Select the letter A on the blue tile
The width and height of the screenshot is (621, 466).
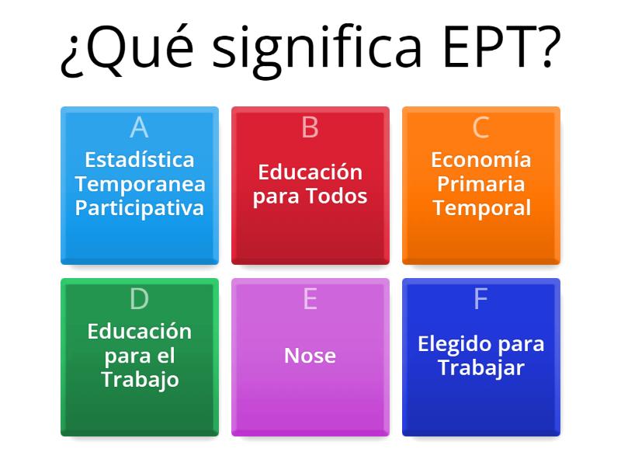pyautogui.click(x=139, y=127)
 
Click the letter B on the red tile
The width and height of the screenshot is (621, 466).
pyautogui.click(x=310, y=127)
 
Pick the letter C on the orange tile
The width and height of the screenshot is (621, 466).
pyautogui.click(x=480, y=127)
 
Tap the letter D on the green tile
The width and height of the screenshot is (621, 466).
pyautogui.click(x=139, y=299)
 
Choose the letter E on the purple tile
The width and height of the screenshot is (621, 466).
pyautogui.click(x=310, y=299)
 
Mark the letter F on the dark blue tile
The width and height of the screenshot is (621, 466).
pyautogui.click(x=480, y=299)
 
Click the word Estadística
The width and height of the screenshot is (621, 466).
pyautogui.click(x=140, y=160)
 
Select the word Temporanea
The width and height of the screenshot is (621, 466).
pyautogui.click(x=140, y=184)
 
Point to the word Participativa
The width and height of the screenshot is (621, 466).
pyautogui.click(x=140, y=208)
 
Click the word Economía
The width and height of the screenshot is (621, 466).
pyautogui.click(x=481, y=160)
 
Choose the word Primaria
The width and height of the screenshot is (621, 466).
pyautogui.click(x=481, y=184)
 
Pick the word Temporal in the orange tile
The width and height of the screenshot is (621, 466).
pyautogui.click(x=481, y=208)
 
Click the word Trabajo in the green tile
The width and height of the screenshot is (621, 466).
pyautogui.click(x=140, y=380)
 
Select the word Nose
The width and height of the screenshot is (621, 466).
pyautogui.click(x=310, y=356)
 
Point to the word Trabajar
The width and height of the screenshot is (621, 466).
pyautogui.click(x=481, y=367)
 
